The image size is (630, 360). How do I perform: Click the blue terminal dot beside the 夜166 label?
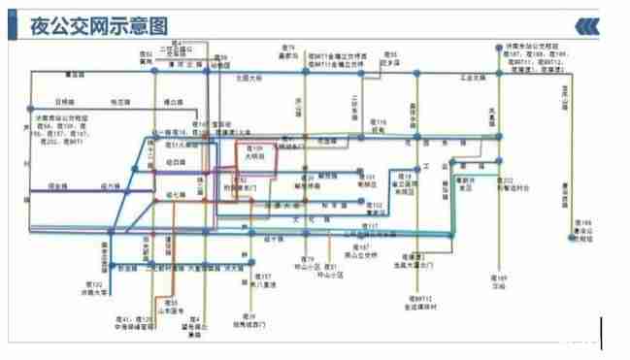571,235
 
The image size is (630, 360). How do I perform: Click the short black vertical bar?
602,332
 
